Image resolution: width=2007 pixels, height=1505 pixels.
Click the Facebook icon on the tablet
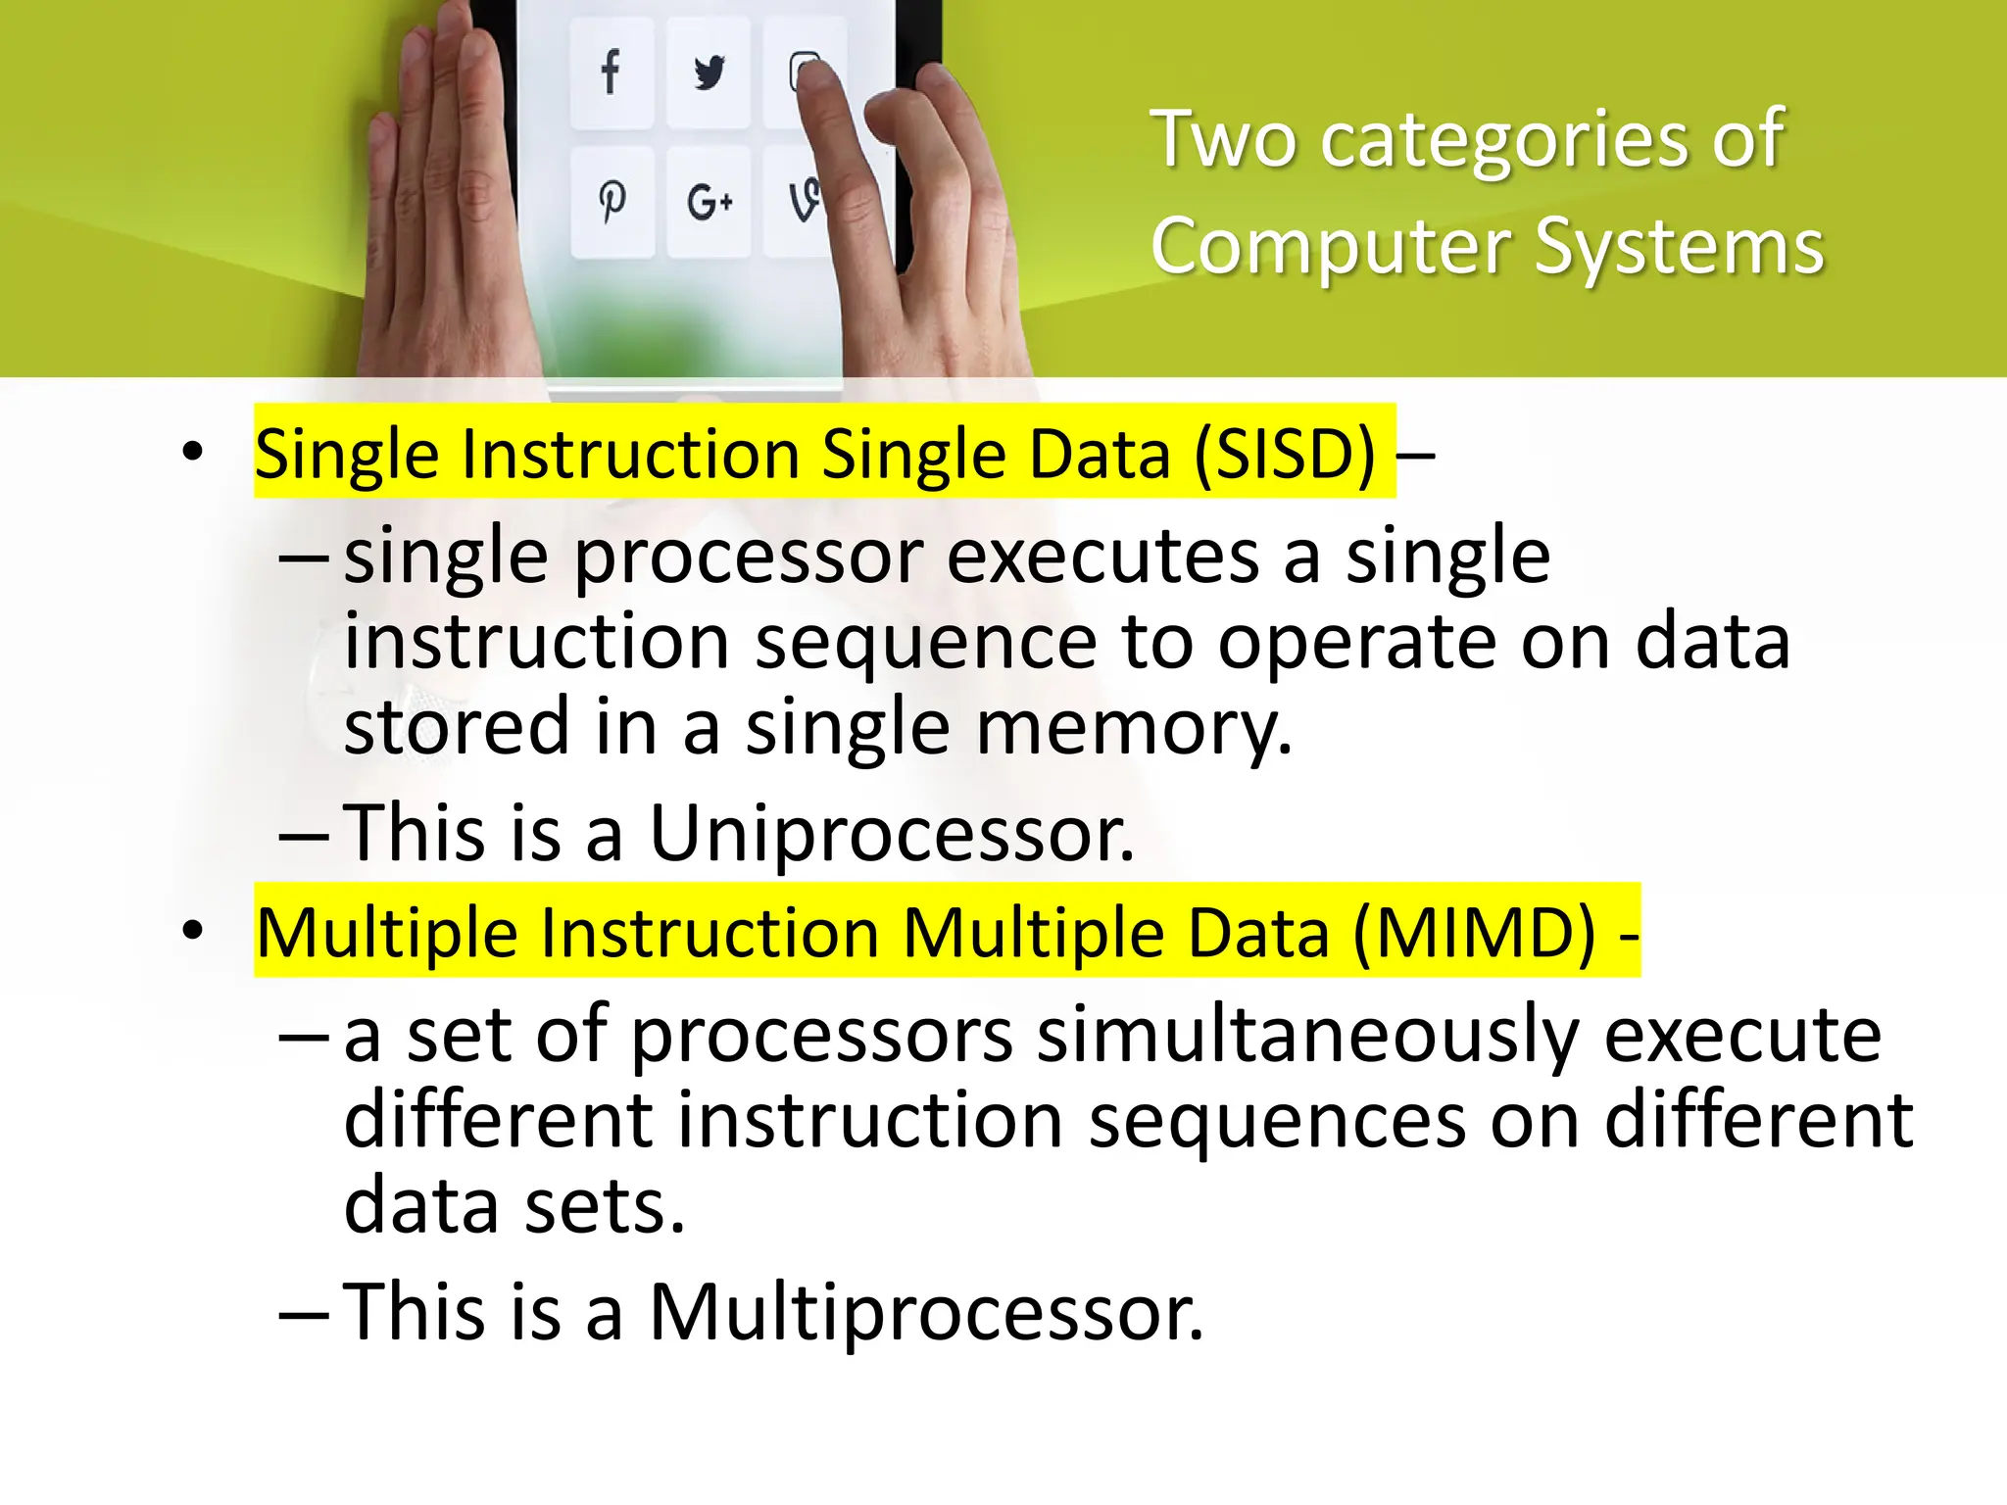[611, 72]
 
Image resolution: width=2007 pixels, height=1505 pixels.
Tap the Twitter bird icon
[709, 73]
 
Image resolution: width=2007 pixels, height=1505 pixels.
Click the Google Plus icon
[710, 202]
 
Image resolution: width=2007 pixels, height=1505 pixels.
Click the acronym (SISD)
[1285, 454]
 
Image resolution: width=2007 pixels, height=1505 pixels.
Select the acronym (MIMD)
[1474, 932]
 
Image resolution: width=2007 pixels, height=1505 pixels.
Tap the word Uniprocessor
[891, 833]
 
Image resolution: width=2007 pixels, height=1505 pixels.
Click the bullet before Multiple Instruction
[192, 931]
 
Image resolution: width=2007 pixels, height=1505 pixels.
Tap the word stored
[457, 726]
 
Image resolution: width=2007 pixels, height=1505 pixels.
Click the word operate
[1356, 643]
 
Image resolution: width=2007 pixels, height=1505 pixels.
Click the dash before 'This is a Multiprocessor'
[304, 1313]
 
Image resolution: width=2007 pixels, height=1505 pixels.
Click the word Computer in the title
[1330, 247]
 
